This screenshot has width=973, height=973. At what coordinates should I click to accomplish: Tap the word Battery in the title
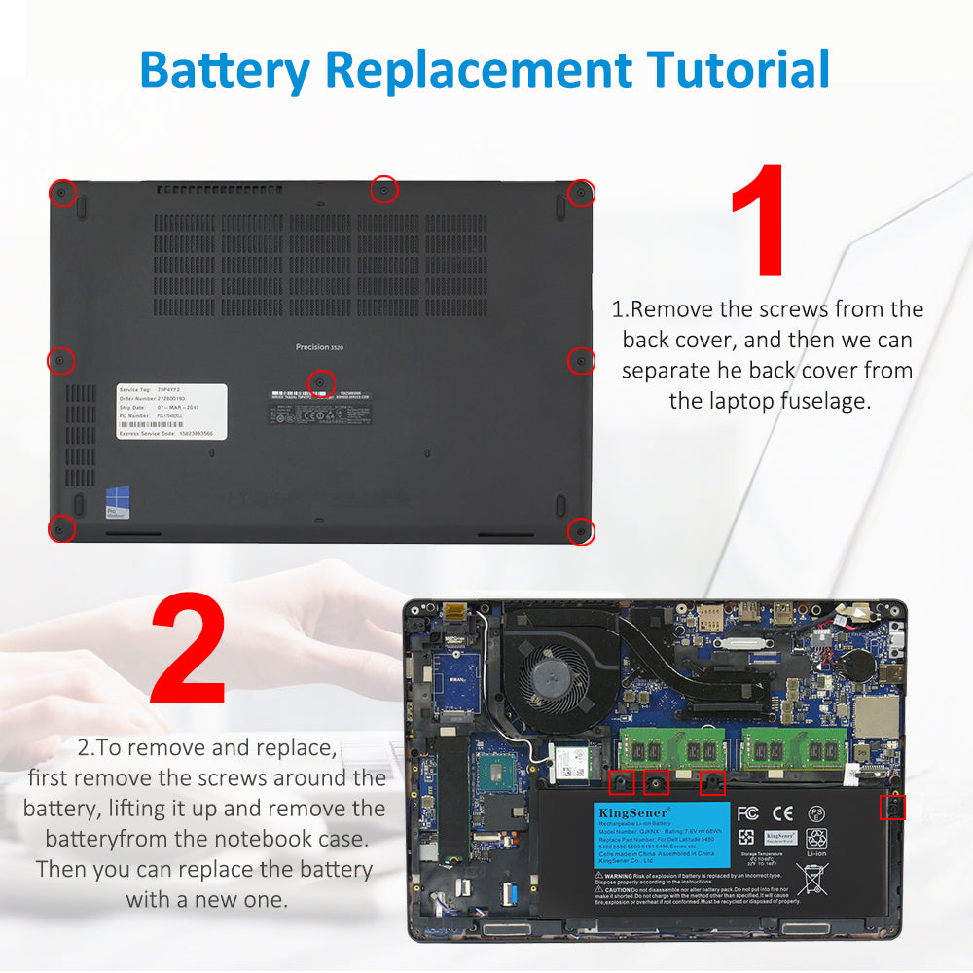tap(225, 70)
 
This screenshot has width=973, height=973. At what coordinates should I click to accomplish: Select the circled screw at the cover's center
tap(321, 381)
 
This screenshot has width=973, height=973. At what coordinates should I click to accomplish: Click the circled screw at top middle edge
tap(384, 189)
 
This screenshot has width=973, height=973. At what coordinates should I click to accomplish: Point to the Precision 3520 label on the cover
tap(319, 347)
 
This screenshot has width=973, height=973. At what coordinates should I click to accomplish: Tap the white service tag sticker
tap(172, 412)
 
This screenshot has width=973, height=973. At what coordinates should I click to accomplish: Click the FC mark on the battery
tap(747, 812)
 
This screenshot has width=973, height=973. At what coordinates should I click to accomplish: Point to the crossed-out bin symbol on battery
tap(812, 879)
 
